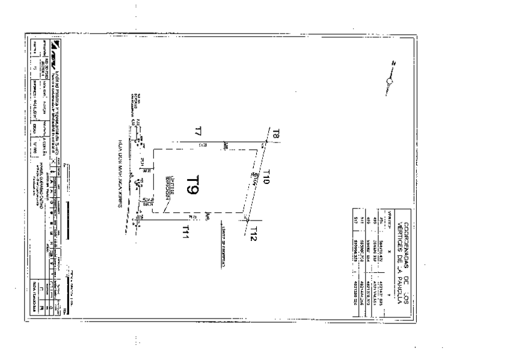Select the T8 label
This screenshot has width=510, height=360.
(275, 133)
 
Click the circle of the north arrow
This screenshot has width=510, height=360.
(389, 82)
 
